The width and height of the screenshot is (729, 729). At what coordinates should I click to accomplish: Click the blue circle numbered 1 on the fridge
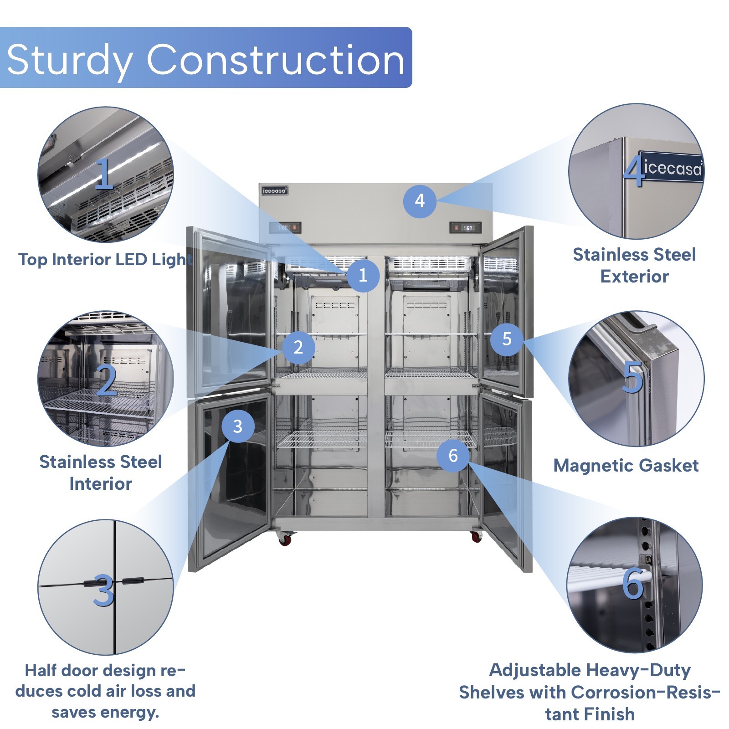point(363,275)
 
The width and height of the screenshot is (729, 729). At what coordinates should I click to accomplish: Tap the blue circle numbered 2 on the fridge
point(298,347)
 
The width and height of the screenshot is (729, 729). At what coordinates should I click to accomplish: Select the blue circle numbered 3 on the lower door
point(238,426)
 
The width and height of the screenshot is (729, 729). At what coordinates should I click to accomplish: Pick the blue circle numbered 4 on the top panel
point(420,200)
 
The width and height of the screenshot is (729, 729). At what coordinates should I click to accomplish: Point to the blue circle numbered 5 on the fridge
point(507,339)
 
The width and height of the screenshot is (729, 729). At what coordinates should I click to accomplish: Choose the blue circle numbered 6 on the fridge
point(453,455)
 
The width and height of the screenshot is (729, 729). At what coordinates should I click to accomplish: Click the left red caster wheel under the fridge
point(285,539)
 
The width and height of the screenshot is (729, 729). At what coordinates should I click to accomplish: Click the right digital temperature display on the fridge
point(465,227)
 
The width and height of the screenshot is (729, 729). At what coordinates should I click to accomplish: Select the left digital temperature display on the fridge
point(285,227)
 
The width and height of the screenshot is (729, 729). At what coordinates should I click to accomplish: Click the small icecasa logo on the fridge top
point(275,190)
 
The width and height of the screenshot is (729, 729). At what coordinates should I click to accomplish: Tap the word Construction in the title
point(275,60)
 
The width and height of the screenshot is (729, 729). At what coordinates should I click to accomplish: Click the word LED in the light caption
point(131,259)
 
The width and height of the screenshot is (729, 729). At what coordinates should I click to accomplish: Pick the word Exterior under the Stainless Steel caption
point(634,276)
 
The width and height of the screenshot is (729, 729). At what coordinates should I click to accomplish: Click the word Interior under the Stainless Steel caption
point(101,483)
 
